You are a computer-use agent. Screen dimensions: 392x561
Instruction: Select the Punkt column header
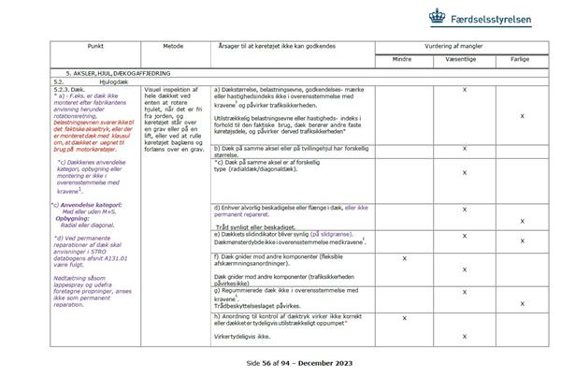point(94,43)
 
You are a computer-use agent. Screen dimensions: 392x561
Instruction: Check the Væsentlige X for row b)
point(464,149)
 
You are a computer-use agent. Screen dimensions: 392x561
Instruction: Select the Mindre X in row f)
point(404,257)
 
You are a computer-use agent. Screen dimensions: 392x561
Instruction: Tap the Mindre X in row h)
point(404,318)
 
